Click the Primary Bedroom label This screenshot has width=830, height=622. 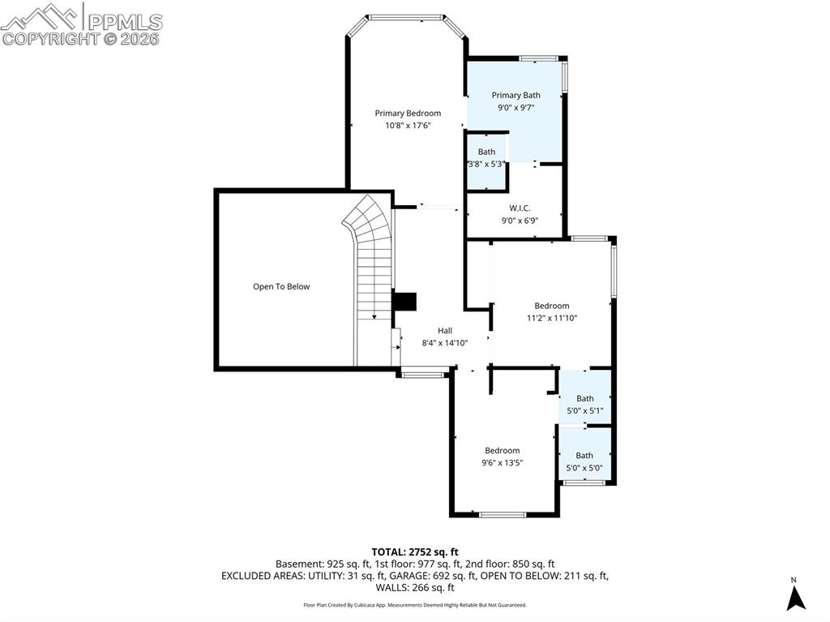(407, 113)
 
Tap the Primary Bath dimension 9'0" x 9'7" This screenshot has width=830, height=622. (516, 107)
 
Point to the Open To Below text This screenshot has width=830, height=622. (280, 286)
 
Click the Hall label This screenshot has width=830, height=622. (445, 330)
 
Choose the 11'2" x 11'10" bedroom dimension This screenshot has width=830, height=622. (551, 318)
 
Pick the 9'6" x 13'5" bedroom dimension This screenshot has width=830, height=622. (502, 463)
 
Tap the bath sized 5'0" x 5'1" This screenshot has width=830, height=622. (584, 410)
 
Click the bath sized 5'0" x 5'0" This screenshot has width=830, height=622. (584, 467)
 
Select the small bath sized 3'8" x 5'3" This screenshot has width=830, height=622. (486, 164)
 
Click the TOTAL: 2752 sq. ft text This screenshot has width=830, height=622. (414, 551)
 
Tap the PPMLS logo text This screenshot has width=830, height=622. (124, 21)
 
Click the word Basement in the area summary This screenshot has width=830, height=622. (298, 564)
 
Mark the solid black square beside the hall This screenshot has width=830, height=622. (404, 302)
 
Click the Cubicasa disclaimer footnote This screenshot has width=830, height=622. (414, 605)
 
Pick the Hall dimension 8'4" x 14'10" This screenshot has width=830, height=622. (445, 342)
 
